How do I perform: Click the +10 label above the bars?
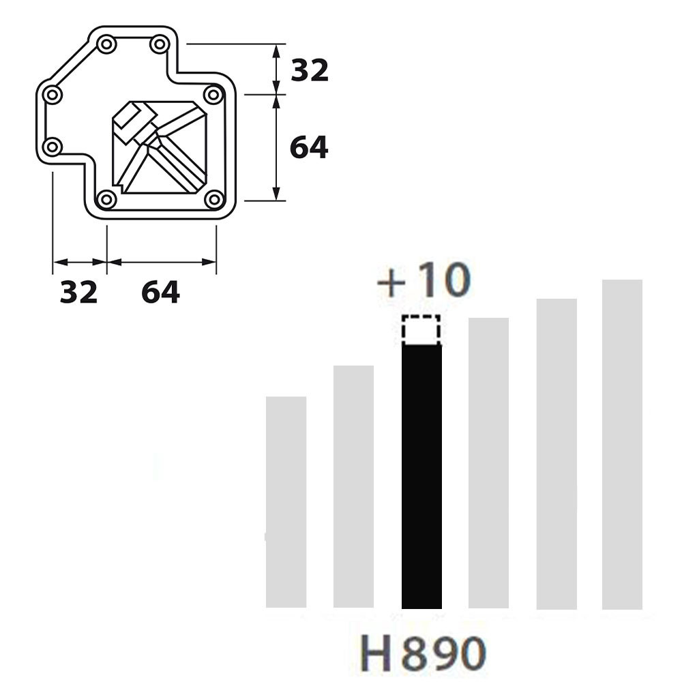point(424,280)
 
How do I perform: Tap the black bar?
point(421,476)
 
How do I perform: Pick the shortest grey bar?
point(286,502)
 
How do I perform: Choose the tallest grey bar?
point(622,445)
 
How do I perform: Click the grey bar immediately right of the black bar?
point(488,463)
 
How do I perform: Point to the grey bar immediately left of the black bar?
point(353,487)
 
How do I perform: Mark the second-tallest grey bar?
point(557,454)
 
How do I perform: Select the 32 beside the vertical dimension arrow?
point(309,70)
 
